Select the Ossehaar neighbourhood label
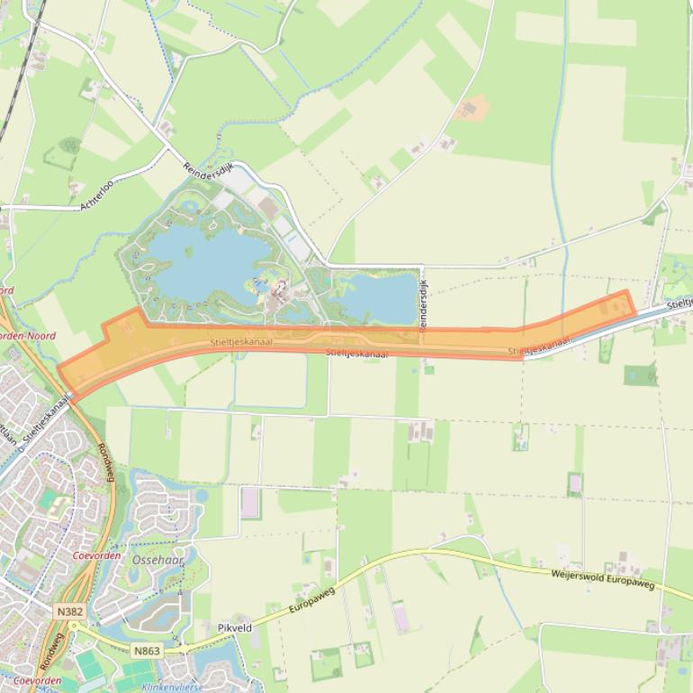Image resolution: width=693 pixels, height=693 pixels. click(157, 559)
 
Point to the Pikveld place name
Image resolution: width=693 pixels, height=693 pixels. click(235, 627)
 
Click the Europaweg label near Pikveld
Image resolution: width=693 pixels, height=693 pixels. click(311, 601)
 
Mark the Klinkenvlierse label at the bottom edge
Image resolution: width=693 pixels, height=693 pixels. click(172, 687)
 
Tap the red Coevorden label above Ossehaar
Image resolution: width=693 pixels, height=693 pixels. click(95, 555)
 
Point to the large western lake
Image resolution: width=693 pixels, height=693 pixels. click(198, 256)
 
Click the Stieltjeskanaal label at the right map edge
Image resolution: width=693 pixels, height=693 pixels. click(679, 303)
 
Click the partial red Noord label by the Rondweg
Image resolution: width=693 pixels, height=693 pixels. click(7, 291)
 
